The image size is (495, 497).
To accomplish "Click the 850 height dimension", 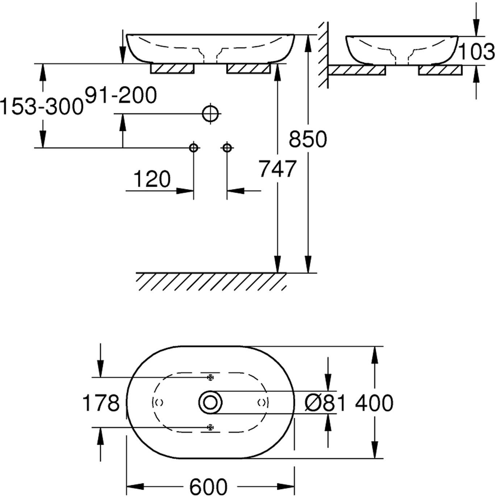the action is point(308,139).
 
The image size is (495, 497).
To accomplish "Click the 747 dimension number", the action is point(278,169).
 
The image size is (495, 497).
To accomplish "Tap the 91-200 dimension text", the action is point(121,95).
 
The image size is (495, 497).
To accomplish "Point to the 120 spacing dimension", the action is point(152,179).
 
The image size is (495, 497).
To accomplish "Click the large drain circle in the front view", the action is point(211,114).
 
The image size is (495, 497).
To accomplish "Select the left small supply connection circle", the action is point(194,148).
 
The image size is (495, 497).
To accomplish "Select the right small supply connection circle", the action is point(227,148).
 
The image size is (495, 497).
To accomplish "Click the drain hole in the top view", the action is point(210,402).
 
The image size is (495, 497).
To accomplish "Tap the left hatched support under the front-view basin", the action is point(172,69).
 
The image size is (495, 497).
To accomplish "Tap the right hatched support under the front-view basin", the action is point(249,69).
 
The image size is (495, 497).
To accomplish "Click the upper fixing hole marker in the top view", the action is point(211,378).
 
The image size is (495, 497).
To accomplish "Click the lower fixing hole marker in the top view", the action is point(211,427).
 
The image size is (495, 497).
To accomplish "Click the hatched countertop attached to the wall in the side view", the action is point(357,70).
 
